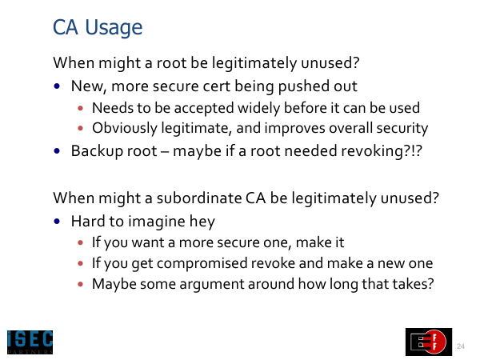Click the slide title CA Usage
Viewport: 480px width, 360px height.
(98, 28)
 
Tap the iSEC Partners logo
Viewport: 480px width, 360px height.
(30, 342)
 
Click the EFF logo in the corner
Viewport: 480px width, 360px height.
(429, 342)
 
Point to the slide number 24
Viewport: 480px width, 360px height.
(461, 346)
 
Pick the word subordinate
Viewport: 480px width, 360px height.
(199, 198)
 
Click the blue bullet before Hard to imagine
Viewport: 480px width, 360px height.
(57, 221)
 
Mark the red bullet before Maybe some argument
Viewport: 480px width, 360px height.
(81, 284)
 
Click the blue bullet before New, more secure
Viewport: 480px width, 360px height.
(57, 86)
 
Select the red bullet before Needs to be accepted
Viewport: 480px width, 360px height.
(81, 108)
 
